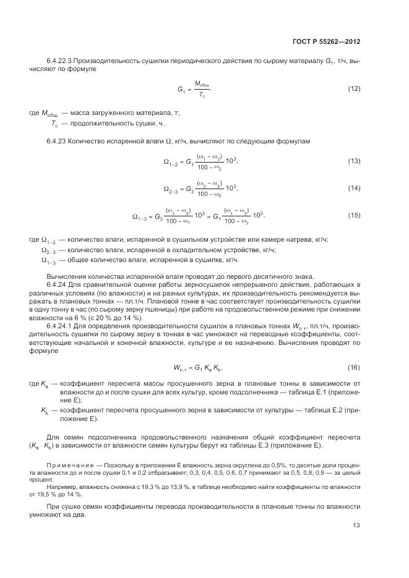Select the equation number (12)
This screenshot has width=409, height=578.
(x=354, y=89)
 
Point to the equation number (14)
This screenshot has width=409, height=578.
(x=354, y=187)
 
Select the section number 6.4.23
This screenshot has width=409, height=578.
(x=57, y=141)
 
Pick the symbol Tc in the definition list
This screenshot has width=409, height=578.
(x=54, y=124)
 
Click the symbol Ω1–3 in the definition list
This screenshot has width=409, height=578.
(x=49, y=260)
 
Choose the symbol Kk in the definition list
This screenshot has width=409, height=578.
(x=45, y=409)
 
